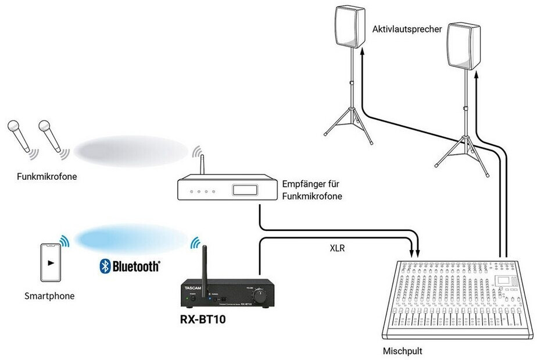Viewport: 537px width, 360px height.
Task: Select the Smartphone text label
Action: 49,296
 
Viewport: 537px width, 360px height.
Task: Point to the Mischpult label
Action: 402,351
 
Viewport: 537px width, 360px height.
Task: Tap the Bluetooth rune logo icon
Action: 105,266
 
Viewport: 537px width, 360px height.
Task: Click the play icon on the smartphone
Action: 52,262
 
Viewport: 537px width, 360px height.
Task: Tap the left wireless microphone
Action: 20,136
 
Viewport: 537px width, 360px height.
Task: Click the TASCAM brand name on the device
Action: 193,285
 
